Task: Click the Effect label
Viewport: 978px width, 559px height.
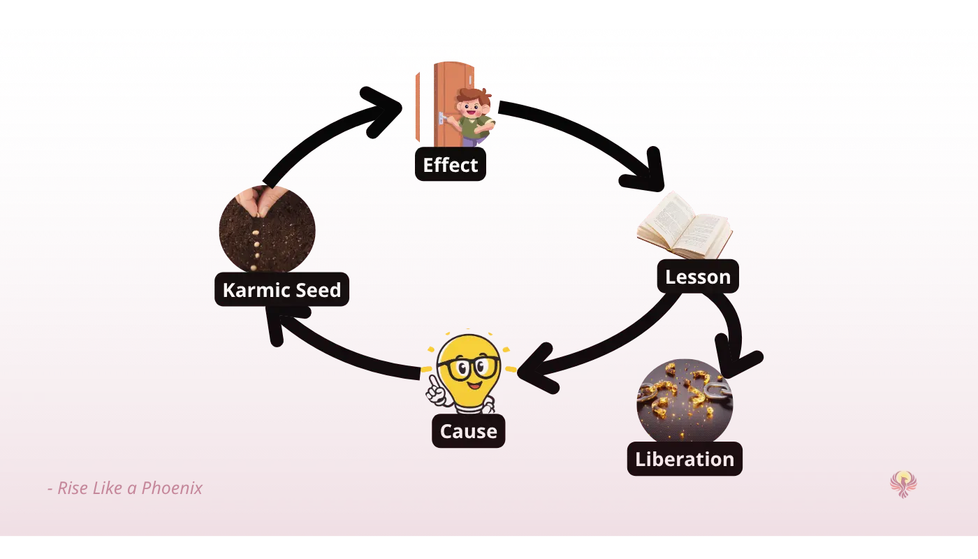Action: click(x=451, y=165)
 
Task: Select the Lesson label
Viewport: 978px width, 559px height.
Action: click(x=697, y=277)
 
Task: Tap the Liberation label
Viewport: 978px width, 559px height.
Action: click(x=685, y=459)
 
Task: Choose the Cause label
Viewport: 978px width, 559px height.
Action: click(x=468, y=431)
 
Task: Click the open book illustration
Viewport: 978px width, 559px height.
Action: click(x=685, y=225)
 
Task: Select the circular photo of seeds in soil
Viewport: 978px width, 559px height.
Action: click(x=267, y=231)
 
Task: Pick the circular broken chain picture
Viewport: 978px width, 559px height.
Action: click(x=685, y=402)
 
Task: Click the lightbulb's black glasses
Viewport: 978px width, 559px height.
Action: click(x=468, y=367)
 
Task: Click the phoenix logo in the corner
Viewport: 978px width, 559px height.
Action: click(x=904, y=482)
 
